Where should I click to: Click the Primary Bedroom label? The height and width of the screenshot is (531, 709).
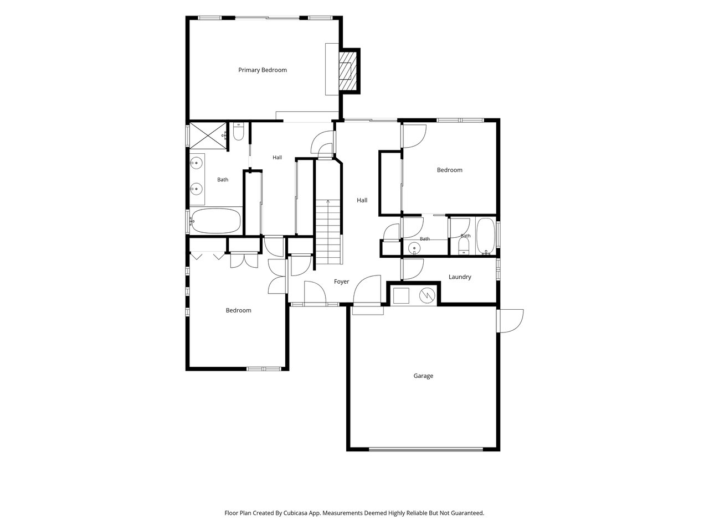[x=263, y=70]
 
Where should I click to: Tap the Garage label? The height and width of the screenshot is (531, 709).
[x=423, y=376]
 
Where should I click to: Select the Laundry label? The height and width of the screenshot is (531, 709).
[x=460, y=277]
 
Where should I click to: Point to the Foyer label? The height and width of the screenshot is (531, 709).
[x=341, y=282]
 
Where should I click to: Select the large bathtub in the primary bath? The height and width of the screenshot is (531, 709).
[x=215, y=221]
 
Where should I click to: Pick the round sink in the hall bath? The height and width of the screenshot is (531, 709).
[x=414, y=248]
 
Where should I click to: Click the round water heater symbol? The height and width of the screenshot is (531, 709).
[x=427, y=295]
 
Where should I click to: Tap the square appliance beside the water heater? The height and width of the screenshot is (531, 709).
[x=401, y=295]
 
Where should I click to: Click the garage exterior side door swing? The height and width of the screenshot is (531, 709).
[x=510, y=321]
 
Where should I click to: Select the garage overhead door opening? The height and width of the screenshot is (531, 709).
[x=426, y=449]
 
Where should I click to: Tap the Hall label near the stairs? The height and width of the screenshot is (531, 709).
[x=362, y=200]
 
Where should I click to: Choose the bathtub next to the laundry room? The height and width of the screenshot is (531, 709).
[x=485, y=236]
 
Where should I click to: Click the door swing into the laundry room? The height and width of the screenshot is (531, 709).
[x=413, y=269]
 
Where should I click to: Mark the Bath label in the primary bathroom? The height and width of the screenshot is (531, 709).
[x=223, y=180]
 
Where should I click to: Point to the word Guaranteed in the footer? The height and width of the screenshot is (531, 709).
[x=467, y=513]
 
